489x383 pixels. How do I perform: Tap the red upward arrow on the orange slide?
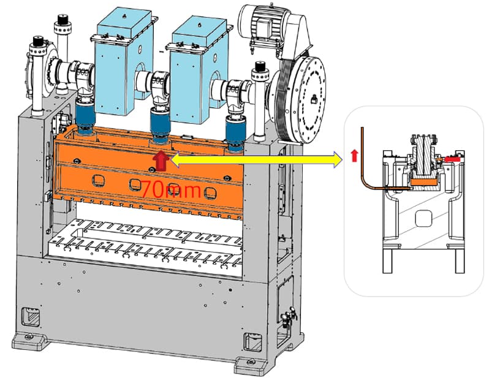[161, 161]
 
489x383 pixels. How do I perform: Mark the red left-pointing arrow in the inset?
[450, 159]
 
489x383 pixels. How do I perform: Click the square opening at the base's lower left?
[29, 315]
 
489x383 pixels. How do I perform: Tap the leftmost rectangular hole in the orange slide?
[97, 180]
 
